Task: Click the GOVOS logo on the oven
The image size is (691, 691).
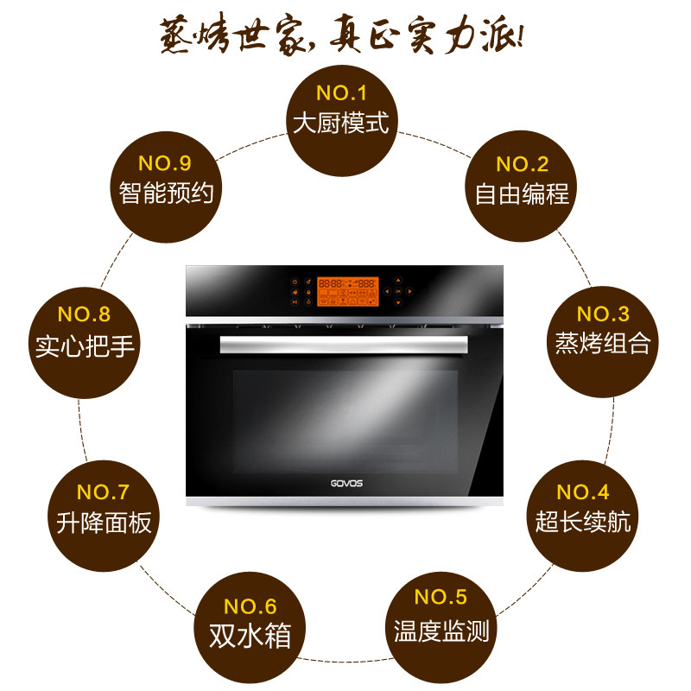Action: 345,482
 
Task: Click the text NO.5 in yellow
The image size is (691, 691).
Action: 441,597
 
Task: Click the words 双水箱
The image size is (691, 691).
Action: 250,637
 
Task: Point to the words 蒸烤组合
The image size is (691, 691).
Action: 602,344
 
